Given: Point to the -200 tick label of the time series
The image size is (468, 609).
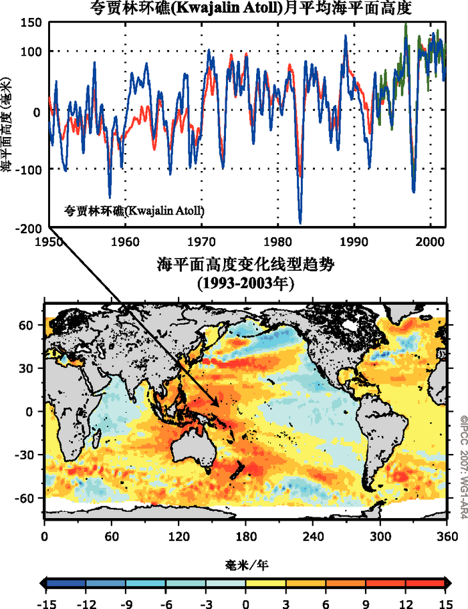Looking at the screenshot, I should (x=29, y=229).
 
